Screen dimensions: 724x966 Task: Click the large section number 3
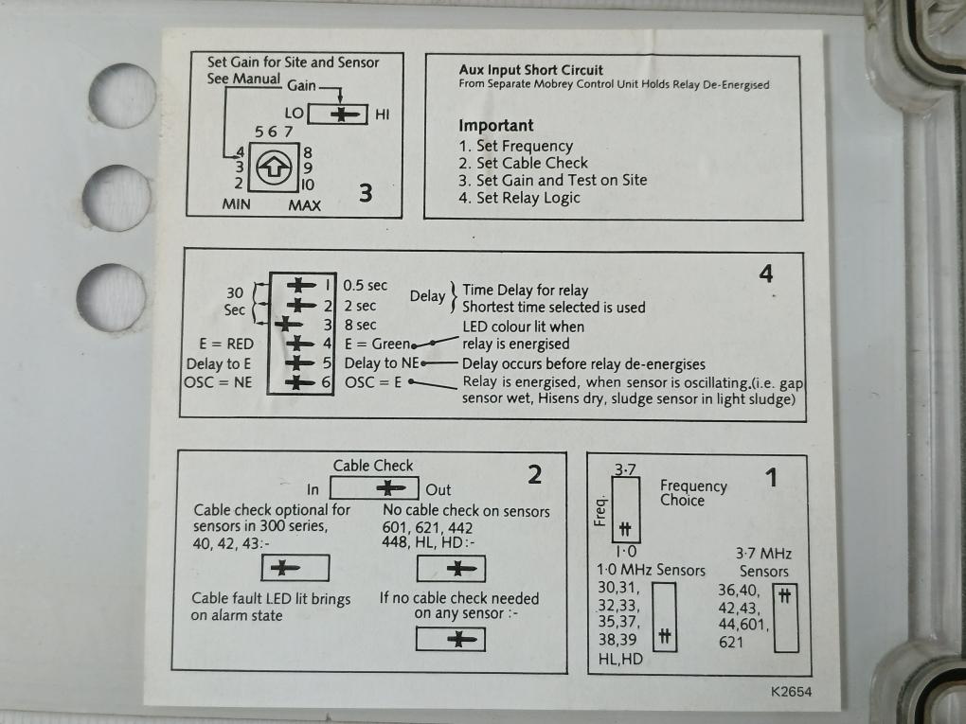(x=366, y=193)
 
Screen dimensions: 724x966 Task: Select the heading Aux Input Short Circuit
(x=530, y=70)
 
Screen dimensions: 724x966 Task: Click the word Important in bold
(x=496, y=125)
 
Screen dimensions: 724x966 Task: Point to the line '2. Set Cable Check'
(x=523, y=163)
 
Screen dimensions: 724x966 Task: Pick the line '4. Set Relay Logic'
(x=519, y=198)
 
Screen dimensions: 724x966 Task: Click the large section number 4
(x=766, y=274)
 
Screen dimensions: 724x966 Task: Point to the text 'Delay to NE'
(x=380, y=363)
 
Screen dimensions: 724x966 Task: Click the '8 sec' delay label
(x=360, y=325)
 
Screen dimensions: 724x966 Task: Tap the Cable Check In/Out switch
(x=374, y=488)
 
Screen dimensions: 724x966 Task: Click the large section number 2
(x=535, y=475)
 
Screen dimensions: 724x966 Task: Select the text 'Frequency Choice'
(x=692, y=493)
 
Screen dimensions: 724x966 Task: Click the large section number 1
(x=771, y=478)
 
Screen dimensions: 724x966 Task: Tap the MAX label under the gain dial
(x=304, y=204)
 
